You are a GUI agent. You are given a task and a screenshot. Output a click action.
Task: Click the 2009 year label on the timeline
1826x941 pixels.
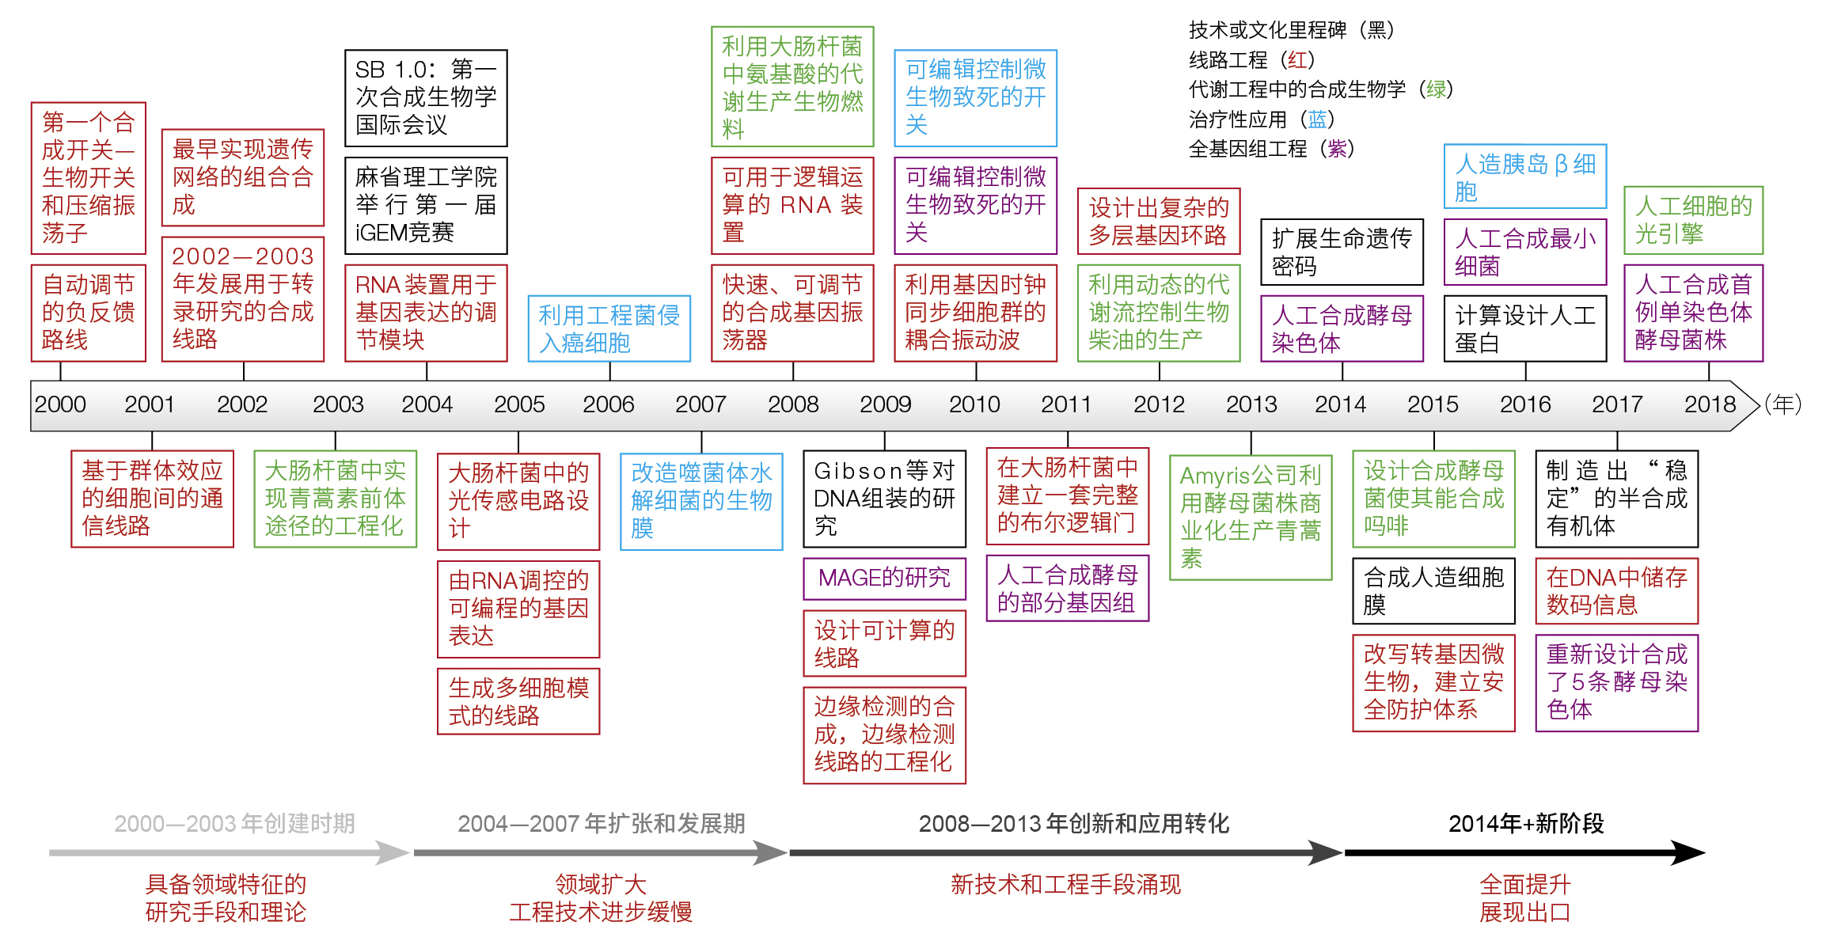pos(885,404)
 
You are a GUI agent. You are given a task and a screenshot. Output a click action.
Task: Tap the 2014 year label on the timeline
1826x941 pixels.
pos(1340,404)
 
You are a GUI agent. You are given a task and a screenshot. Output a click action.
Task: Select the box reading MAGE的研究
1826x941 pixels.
pos(884,578)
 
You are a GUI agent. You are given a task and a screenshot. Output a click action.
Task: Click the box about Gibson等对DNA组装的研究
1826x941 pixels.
pos(884,499)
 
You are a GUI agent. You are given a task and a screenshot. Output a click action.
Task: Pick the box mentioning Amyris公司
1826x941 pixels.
pos(1251,517)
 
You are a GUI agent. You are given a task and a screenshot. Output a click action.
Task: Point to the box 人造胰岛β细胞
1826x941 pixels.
pos(1524,176)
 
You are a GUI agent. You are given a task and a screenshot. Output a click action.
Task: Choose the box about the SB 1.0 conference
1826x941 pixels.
pos(426,97)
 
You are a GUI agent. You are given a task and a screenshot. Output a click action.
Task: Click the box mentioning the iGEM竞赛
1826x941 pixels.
pos(426,206)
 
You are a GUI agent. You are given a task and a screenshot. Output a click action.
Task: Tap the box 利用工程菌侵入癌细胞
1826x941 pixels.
pos(609,328)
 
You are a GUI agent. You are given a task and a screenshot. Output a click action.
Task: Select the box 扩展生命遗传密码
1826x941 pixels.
pos(1342,252)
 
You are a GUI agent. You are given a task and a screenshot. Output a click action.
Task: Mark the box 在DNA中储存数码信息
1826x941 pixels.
pos(1616,591)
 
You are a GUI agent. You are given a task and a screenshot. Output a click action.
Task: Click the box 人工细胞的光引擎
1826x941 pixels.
pos(1693,220)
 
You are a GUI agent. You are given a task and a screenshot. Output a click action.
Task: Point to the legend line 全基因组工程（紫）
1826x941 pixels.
pos(1271,149)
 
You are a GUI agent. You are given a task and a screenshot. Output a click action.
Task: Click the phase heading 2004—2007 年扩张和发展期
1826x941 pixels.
pos(601,824)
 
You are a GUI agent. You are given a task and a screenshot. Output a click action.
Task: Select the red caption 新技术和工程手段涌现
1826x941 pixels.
pos(1065,884)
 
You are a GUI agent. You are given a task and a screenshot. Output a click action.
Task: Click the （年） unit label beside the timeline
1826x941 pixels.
pos(1782,404)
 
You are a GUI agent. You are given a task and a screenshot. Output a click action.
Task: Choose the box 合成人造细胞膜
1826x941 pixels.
pos(1433,591)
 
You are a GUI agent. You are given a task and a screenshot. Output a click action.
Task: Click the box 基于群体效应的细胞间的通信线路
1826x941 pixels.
pos(152,499)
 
